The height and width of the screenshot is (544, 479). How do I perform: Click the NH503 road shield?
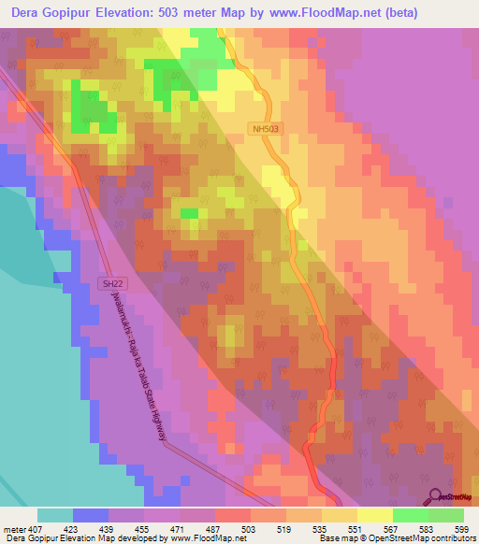click(266, 129)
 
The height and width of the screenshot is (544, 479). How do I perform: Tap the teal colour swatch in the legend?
click(55, 515)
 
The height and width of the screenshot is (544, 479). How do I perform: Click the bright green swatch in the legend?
click(411, 515)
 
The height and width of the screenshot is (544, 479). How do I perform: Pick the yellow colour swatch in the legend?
click(375, 515)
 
